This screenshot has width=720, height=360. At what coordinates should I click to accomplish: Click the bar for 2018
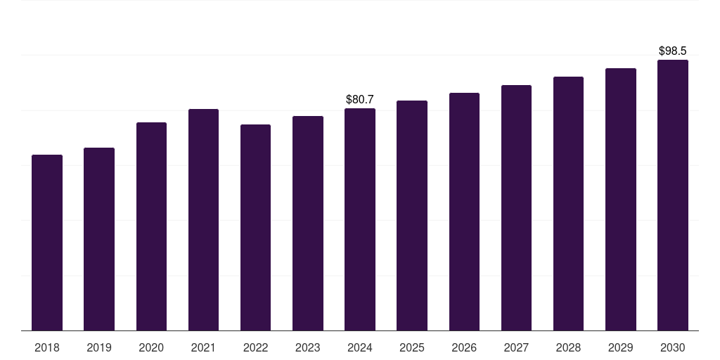(x=47, y=243)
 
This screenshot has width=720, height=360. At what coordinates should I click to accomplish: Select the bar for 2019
(x=99, y=239)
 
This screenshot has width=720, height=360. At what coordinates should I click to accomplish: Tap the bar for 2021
(x=203, y=219)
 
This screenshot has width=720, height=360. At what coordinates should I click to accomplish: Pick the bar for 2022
(x=255, y=227)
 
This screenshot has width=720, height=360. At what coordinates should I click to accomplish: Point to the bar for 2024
(x=360, y=219)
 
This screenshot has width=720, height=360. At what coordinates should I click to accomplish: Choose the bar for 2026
(x=464, y=212)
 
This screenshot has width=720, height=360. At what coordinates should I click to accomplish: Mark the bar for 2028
(x=568, y=203)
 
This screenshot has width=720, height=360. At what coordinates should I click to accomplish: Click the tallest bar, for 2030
(x=673, y=195)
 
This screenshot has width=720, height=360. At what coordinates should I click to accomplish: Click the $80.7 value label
(x=360, y=100)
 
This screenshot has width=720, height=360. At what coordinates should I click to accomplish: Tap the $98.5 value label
(x=673, y=51)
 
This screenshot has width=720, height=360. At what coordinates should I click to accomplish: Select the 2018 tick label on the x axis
(x=47, y=347)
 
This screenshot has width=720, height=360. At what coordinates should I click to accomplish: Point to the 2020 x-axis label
(x=151, y=347)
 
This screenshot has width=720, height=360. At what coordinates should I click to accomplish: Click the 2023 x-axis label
(x=308, y=347)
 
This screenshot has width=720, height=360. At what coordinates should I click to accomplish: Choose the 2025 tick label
(x=412, y=347)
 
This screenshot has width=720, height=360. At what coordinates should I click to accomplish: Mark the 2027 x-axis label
(x=516, y=347)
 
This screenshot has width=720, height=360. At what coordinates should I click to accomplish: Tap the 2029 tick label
(x=621, y=347)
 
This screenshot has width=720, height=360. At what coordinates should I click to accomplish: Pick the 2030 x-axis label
(x=673, y=347)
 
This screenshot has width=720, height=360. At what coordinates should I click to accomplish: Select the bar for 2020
(x=151, y=226)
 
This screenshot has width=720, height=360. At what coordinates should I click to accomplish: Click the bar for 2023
(x=308, y=223)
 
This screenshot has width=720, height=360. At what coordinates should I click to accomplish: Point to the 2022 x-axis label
(x=255, y=347)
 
